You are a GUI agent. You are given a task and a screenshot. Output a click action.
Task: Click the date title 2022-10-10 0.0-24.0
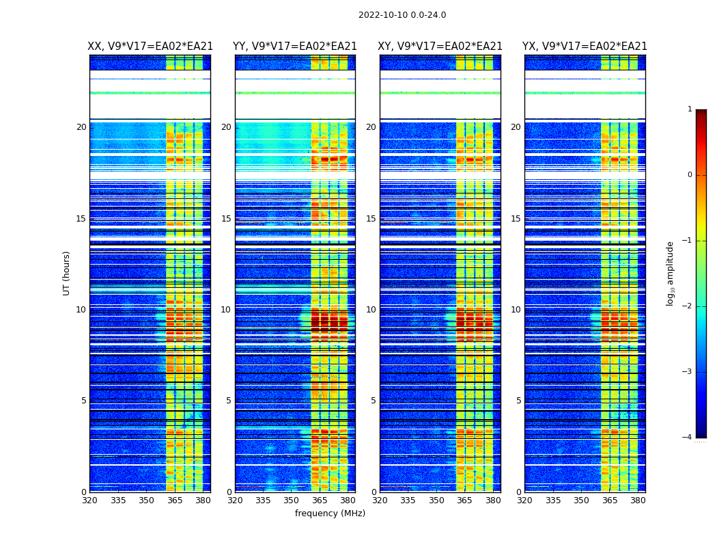click(402, 15)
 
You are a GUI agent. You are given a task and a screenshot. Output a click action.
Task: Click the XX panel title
click(150, 46)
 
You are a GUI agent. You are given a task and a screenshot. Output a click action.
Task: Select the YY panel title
click(295, 46)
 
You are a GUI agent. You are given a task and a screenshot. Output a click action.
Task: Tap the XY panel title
click(440, 46)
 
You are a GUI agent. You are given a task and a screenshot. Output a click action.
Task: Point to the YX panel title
click(585, 46)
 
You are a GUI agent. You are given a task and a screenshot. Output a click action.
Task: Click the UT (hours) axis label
click(67, 273)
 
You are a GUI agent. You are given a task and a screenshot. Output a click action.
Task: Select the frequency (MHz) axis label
click(330, 513)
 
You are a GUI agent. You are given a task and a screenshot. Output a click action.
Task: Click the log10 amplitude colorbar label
click(671, 273)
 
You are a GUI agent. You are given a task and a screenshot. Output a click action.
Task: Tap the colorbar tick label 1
click(690, 109)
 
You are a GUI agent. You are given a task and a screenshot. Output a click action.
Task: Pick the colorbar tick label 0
click(690, 175)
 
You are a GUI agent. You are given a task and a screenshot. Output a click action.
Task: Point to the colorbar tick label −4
click(688, 438)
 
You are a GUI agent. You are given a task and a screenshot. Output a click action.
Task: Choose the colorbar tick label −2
click(688, 306)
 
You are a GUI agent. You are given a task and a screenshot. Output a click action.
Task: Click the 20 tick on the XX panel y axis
click(81, 127)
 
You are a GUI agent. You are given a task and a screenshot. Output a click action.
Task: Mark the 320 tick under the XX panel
click(89, 501)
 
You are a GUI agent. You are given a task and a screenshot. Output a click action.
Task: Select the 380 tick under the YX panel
click(638, 501)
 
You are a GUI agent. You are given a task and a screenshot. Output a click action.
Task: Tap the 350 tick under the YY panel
click(292, 501)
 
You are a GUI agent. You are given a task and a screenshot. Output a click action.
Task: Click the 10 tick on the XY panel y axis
click(371, 310)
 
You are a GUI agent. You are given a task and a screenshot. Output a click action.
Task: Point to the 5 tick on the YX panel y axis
click(518, 401)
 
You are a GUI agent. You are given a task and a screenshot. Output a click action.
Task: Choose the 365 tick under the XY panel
click(465, 501)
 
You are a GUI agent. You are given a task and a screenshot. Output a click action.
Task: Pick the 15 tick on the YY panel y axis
click(226, 219)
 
